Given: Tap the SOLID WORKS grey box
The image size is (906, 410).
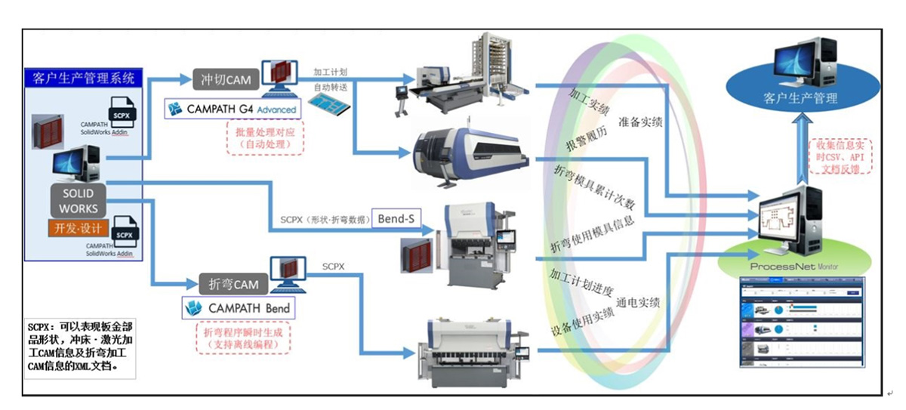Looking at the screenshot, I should pos(79,200).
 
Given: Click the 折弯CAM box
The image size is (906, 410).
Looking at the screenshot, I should pos(233,285).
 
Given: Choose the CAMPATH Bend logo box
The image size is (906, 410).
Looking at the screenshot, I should pos(238,307).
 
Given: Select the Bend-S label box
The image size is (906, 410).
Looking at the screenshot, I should pos(396,218).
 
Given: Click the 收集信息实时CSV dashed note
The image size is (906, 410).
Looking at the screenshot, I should pos(840,156).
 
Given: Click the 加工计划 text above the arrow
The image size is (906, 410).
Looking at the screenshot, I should pos(330,72).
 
